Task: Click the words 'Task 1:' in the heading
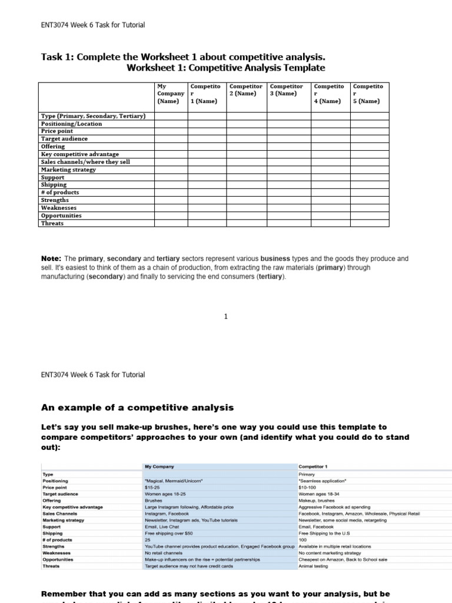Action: click(x=57, y=57)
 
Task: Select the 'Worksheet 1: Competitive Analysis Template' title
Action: click(x=226, y=68)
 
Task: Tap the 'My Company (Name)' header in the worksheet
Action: click(x=170, y=94)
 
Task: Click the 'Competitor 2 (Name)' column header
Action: click(x=246, y=90)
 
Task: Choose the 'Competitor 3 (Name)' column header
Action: click(x=287, y=90)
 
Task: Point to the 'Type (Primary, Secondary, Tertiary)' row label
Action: click(x=93, y=116)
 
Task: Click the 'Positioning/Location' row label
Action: click(x=71, y=124)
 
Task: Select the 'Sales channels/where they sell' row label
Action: click(x=85, y=162)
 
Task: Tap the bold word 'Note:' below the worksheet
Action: click(x=51, y=259)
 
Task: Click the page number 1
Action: click(x=225, y=317)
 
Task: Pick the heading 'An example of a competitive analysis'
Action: click(x=137, y=407)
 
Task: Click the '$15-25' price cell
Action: click(x=152, y=488)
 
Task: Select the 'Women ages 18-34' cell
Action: click(x=316, y=494)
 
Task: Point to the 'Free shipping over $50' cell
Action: click(x=167, y=534)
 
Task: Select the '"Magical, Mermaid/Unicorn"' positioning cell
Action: click(x=174, y=481)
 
